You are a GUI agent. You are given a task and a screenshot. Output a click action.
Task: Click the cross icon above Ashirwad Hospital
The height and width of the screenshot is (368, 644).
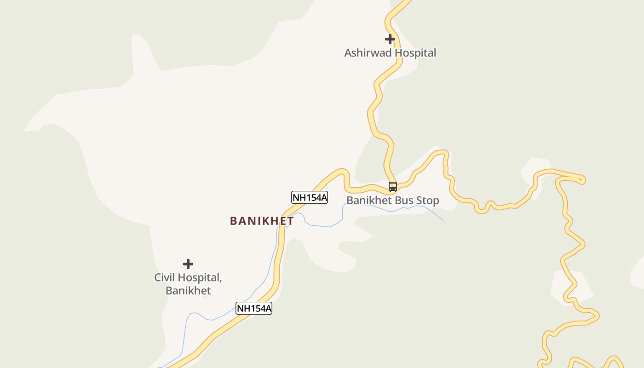coord(390,39)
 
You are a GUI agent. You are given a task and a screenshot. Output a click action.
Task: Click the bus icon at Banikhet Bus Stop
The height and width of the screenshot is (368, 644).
coord(393,187)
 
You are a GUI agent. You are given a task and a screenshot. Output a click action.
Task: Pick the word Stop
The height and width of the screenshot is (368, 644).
coord(428,201)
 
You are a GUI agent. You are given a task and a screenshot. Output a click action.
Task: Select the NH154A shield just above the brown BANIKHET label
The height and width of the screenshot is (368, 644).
coord(310,198)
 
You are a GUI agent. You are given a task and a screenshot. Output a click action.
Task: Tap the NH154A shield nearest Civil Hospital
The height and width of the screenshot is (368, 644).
coord(254,308)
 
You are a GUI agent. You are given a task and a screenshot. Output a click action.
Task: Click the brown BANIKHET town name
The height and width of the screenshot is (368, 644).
coord(262,221)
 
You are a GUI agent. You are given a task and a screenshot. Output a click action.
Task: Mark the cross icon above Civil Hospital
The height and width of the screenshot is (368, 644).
coord(188,264)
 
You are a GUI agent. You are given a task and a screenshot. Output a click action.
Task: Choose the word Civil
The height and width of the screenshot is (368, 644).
coord(165,278)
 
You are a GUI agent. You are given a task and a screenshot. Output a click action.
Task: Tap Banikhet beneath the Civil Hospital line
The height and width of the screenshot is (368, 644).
coord(188,291)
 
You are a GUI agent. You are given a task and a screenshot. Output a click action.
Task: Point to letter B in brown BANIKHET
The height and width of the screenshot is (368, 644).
coord(233,221)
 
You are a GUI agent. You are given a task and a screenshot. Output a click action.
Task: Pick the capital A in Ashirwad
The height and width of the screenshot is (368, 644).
coord(348,53)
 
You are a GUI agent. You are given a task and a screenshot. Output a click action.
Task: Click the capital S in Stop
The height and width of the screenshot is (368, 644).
coord(420,201)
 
